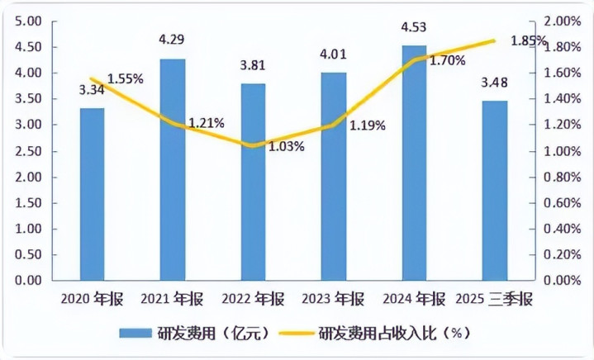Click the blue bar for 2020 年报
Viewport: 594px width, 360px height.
click(x=93, y=194)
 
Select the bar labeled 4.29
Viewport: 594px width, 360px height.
click(x=173, y=169)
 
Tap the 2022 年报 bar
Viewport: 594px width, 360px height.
click(x=254, y=182)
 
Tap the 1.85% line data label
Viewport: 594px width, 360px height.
click(x=529, y=40)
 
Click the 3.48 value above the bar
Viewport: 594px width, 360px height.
click(x=495, y=83)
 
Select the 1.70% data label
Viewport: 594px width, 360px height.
click(x=446, y=59)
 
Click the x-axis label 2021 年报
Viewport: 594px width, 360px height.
click(x=173, y=298)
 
